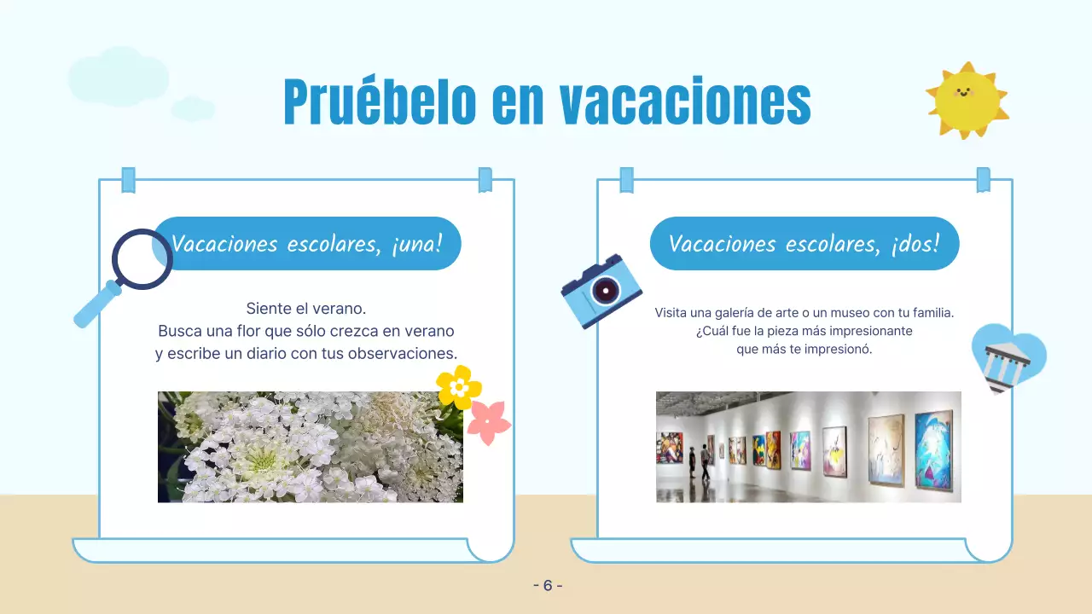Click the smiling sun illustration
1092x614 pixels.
click(x=967, y=100)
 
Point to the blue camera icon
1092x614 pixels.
click(x=601, y=290)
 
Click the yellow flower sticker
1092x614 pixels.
click(x=459, y=386)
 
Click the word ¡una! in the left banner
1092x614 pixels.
click(x=416, y=244)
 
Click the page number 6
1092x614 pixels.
click(x=548, y=585)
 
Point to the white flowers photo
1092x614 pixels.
click(x=311, y=447)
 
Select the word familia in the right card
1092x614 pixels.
click(x=928, y=313)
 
